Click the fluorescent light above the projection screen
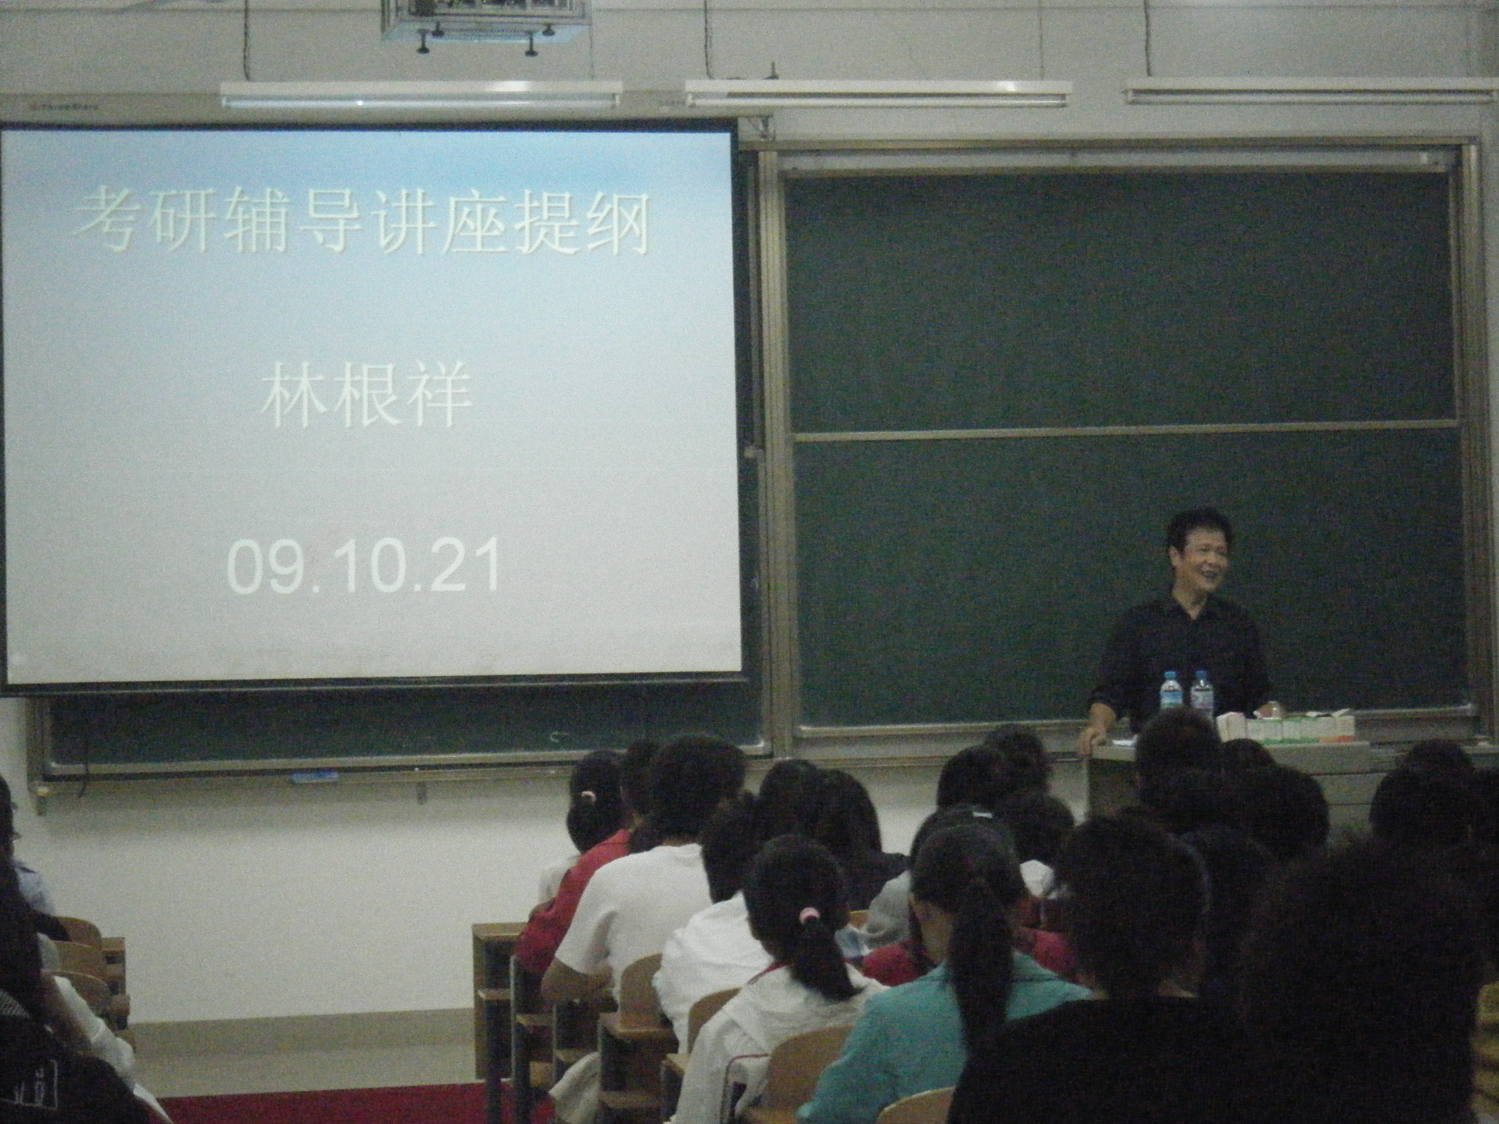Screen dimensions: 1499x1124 pyautogui.click(x=420, y=95)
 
